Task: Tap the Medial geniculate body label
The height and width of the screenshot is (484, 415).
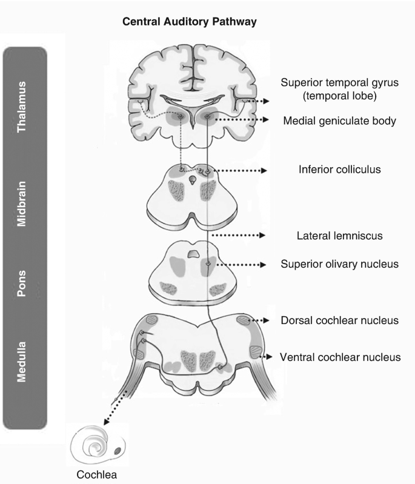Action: [x=339, y=121]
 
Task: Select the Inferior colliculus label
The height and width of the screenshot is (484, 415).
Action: [x=339, y=169]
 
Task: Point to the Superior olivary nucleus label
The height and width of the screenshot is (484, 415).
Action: [x=339, y=265]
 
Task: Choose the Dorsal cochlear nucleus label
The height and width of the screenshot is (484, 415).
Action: [x=340, y=320]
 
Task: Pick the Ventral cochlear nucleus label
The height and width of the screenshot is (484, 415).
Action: [x=340, y=357]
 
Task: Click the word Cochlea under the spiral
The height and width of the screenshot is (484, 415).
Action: [x=96, y=474]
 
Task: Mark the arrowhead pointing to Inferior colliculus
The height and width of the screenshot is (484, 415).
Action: [x=264, y=171]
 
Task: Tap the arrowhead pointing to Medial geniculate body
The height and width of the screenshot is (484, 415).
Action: [x=265, y=120]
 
